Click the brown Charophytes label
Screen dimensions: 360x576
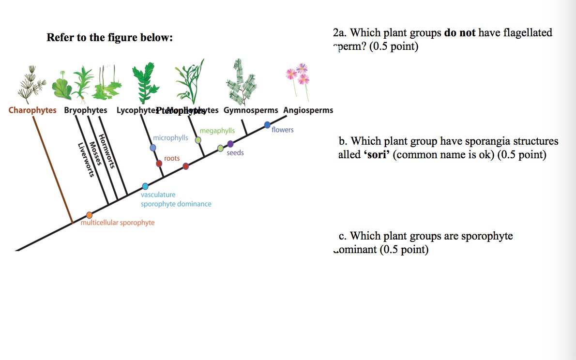tap(32, 110)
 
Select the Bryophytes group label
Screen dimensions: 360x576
tap(86, 110)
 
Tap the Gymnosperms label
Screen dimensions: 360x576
tap(251, 110)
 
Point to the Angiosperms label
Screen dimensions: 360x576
tap(308, 110)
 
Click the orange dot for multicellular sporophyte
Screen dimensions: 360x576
tap(89, 215)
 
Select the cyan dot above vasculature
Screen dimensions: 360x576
tap(145, 186)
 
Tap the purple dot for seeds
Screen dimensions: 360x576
tap(230, 144)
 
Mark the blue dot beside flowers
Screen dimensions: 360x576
tap(267, 125)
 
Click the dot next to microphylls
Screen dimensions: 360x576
tap(153, 148)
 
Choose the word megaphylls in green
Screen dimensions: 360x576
tap(217, 131)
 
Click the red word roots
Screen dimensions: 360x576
tap(172, 158)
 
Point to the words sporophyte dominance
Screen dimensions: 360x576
tap(176, 204)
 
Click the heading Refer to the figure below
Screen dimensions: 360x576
tap(109, 37)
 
